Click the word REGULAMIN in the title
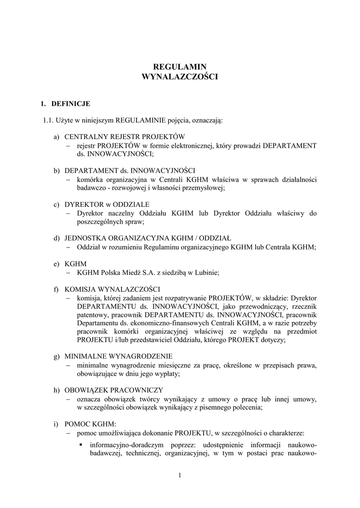[x=180, y=66]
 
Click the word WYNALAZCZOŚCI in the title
[x=180, y=77]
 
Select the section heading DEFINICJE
[x=71, y=104]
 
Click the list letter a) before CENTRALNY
[x=57, y=136]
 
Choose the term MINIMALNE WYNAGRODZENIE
[x=119, y=356]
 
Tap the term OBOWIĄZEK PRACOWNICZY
[x=114, y=389]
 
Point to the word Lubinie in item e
[x=207, y=272]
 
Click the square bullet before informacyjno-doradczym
[x=80, y=444]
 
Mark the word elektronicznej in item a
[x=189, y=145]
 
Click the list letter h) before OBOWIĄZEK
[x=57, y=389]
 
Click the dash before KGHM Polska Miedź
[x=69, y=272]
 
